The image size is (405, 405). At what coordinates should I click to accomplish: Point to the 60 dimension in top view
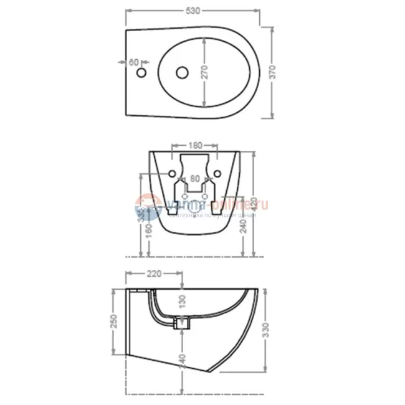(133, 62)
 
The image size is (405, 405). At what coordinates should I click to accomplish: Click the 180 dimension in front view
(194, 146)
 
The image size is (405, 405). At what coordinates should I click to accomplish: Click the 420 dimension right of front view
(254, 203)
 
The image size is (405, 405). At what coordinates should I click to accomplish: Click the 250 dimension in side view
(114, 321)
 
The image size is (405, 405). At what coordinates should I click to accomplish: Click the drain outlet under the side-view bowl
(181, 322)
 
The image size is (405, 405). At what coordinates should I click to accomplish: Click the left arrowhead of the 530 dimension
(128, 11)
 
